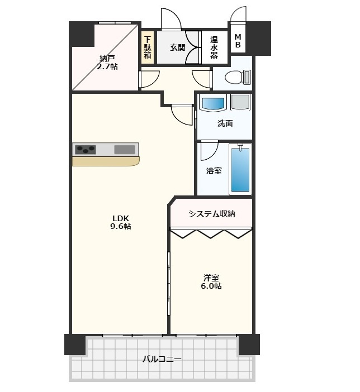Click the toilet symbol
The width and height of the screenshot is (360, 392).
[238, 77]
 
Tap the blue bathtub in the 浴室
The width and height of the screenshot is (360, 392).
[240, 170]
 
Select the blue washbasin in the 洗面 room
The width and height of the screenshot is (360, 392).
[213, 103]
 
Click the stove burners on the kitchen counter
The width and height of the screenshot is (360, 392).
[86, 150]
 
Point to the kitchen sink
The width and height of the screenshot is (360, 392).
[125, 150]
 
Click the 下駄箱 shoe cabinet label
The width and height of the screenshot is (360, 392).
[148, 47]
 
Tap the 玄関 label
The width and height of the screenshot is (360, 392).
[178, 47]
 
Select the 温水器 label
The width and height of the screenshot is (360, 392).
[214, 47]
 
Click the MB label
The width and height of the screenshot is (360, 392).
[238, 41]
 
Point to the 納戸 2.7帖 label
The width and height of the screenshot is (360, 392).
[107, 63]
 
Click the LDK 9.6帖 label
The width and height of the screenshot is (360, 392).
[121, 222]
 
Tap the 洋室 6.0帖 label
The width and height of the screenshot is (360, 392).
[211, 282]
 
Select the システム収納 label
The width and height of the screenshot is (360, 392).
[212, 214]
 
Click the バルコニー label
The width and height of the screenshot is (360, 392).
[162, 359]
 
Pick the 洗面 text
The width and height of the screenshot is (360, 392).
[225, 123]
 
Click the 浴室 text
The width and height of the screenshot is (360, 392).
[214, 171]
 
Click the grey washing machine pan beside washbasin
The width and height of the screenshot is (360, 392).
[240, 102]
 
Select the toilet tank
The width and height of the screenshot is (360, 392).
[247, 77]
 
